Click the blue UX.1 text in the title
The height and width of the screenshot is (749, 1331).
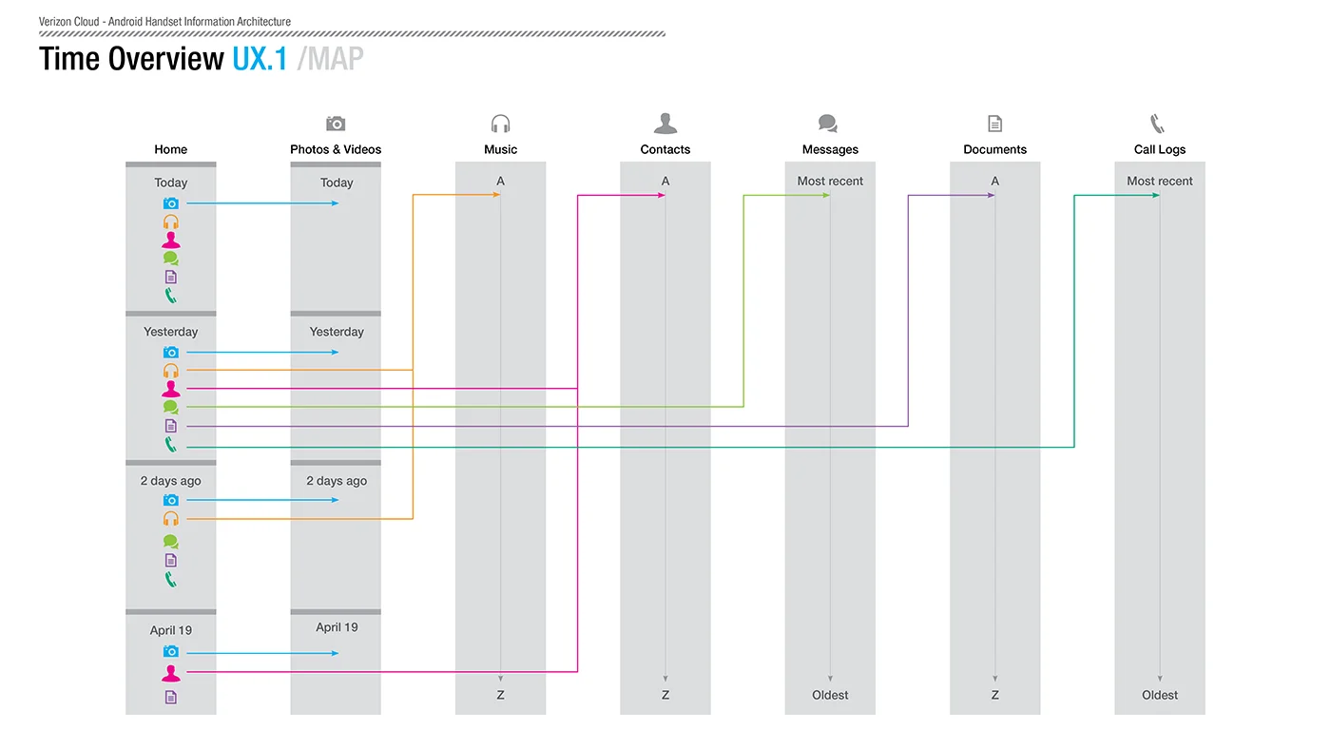pyautogui.click(x=260, y=59)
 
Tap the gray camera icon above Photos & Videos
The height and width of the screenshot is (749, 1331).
pyautogui.click(x=336, y=124)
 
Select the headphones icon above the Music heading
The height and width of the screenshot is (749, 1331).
pyautogui.click(x=500, y=124)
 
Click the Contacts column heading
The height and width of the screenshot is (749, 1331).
pyautogui.click(x=665, y=149)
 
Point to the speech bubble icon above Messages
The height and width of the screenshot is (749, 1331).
pyautogui.click(x=828, y=124)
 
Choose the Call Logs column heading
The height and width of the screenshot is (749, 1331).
pyautogui.click(x=1159, y=149)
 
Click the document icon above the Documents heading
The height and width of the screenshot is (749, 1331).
pyautogui.click(x=994, y=124)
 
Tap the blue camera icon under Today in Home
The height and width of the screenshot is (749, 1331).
pyautogui.click(x=170, y=203)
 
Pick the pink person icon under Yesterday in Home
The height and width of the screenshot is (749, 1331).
pyautogui.click(x=170, y=389)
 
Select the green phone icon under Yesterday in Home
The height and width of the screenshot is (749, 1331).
pyautogui.click(x=170, y=444)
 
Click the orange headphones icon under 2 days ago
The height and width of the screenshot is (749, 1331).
pyautogui.click(x=170, y=519)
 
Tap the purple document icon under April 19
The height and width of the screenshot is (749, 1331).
pyautogui.click(x=170, y=698)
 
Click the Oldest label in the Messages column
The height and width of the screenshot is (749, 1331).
pyautogui.click(x=830, y=695)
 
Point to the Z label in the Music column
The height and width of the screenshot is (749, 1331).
pyautogui.click(x=500, y=695)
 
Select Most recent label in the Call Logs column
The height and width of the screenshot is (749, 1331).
pyautogui.click(x=1159, y=182)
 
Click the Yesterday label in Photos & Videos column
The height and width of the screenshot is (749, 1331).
pyautogui.click(x=337, y=332)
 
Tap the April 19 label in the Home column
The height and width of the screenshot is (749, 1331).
pyautogui.click(x=170, y=630)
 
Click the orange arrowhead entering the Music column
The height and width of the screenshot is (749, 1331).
pyautogui.click(x=496, y=195)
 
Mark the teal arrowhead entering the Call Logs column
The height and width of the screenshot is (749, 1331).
pyautogui.click(x=1156, y=196)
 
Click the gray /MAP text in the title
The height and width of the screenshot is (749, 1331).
pyautogui.click(x=331, y=59)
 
